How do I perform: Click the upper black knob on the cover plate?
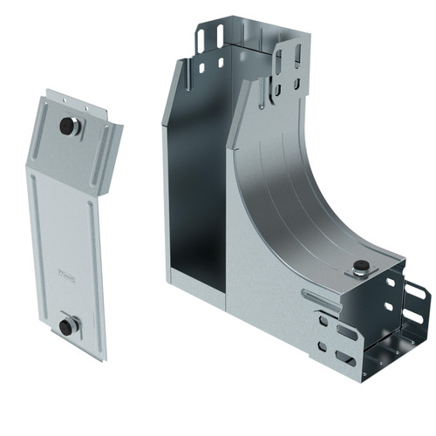click(x=67, y=126)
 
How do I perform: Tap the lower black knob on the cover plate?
click(x=66, y=326)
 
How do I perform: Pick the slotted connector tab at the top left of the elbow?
click(x=209, y=39)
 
